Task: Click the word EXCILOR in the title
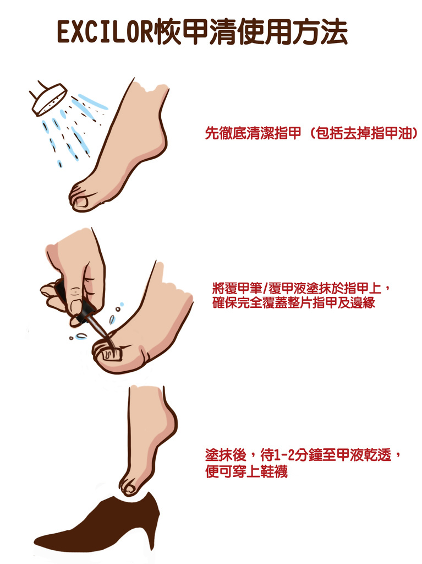tap(105, 34)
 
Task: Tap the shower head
tap(47, 100)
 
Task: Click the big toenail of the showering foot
tap(81, 202)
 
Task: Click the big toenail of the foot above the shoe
tap(130, 488)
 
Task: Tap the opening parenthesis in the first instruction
tap(310, 134)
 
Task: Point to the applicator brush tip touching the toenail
tap(110, 344)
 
